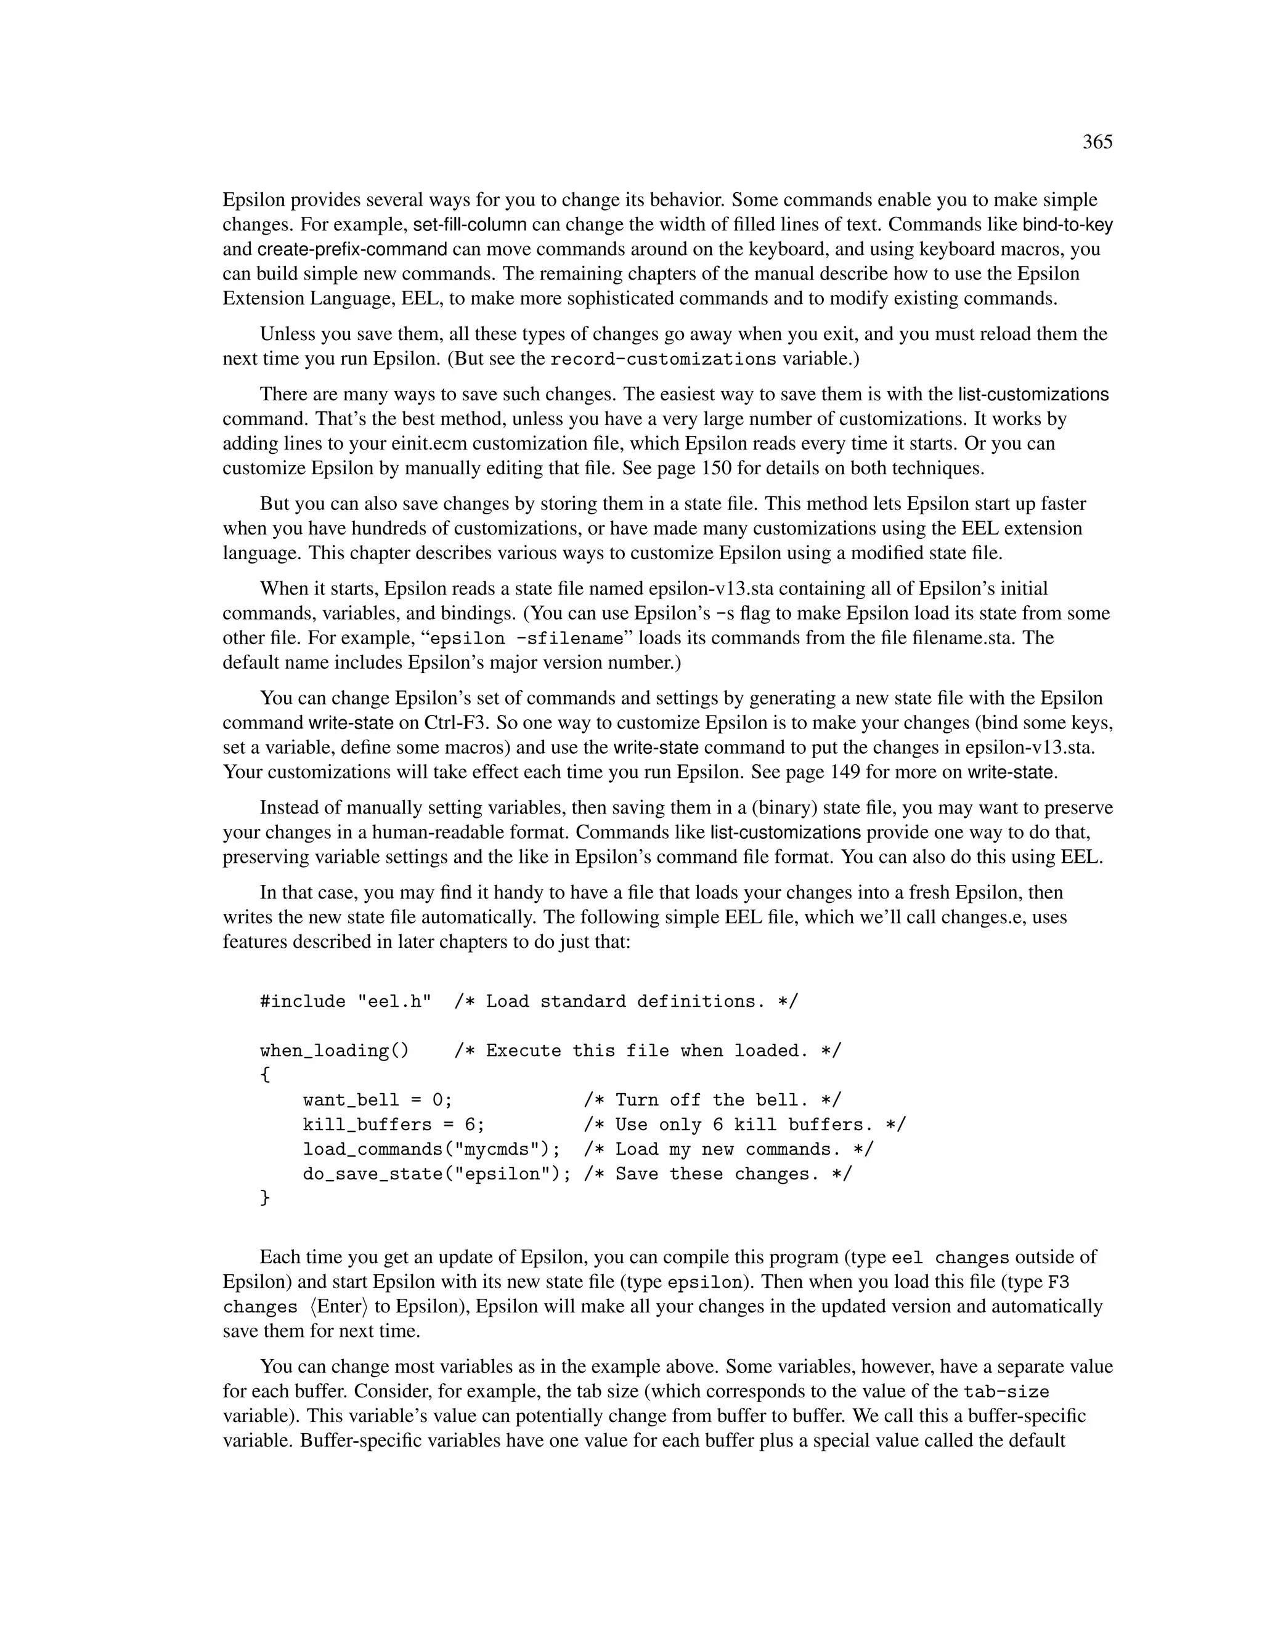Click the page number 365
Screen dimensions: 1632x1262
tap(1097, 142)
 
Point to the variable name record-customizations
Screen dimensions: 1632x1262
tap(663, 360)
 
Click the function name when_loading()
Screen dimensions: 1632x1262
tap(334, 1051)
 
